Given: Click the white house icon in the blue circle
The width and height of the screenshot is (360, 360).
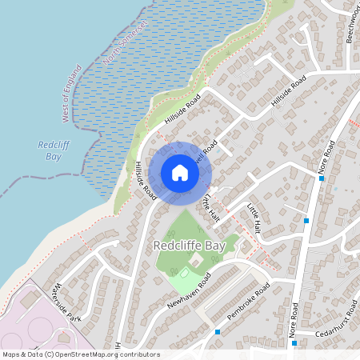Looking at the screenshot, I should (x=180, y=172).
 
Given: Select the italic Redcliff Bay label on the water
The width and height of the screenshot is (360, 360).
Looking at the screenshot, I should (x=50, y=151).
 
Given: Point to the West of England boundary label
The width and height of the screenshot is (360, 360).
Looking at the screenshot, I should (x=72, y=93).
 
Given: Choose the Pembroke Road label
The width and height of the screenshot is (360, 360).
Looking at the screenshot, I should (x=249, y=302).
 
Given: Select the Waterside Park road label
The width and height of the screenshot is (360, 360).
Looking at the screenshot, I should (x=64, y=303).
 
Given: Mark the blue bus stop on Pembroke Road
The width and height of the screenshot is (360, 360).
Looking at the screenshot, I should (x=218, y=331).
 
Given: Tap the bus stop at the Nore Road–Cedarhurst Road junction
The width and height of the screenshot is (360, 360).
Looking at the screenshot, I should (x=294, y=343).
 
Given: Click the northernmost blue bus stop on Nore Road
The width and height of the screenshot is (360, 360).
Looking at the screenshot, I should (x=322, y=178).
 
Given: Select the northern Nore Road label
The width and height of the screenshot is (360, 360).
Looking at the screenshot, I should (x=326, y=158).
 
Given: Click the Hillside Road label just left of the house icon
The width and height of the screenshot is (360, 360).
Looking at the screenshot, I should (x=145, y=179).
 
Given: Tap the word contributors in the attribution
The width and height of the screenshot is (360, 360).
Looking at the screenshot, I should (x=140, y=354).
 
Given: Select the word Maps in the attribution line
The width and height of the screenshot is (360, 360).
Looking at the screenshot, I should (x=12, y=354).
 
